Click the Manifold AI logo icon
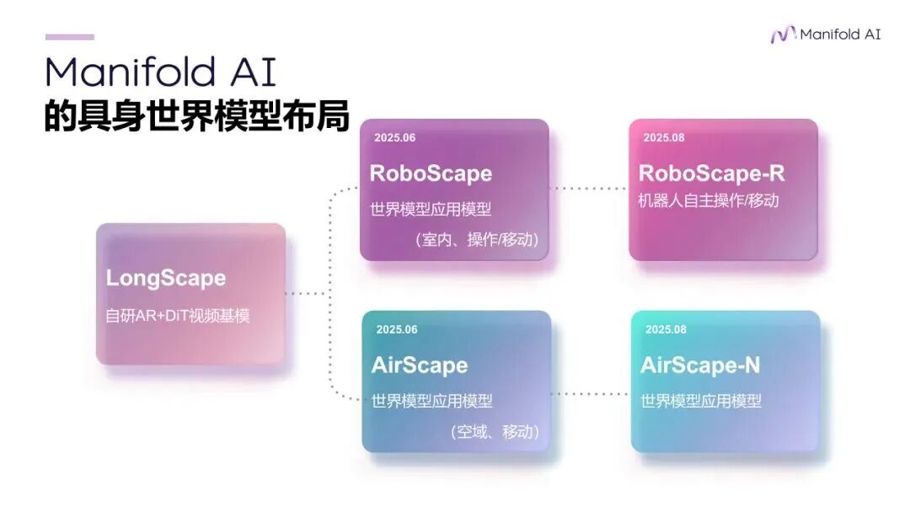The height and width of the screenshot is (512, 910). (783, 35)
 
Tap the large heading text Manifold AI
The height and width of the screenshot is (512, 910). (160, 72)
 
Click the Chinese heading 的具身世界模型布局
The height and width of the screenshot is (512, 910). (196, 116)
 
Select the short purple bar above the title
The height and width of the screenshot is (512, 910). (69, 37)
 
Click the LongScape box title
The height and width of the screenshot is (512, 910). (166, 278)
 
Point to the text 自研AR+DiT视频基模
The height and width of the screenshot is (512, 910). (178, 316)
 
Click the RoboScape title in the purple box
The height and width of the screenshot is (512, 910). (431, 173)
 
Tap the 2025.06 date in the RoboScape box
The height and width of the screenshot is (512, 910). (395, 138)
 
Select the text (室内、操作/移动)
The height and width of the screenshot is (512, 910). (476, 240)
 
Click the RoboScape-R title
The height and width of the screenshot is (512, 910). (711, 173)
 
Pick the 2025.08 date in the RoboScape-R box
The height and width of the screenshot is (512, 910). (664, 137)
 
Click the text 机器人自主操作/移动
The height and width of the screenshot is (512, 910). (709, 200)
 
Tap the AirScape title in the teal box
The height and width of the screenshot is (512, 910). (419, 365)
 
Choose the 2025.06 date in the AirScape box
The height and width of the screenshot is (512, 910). (397, 329)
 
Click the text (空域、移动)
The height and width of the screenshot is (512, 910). (494, 432)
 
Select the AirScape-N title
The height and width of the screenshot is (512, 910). (699, 365)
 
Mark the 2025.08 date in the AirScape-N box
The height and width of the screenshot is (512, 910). (666, 329)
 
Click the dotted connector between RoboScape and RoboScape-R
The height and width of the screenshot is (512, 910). (589, 189)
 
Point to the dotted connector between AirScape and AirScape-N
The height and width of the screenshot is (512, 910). (591, 393)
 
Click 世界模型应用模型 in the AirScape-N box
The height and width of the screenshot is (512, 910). (701, 401)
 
